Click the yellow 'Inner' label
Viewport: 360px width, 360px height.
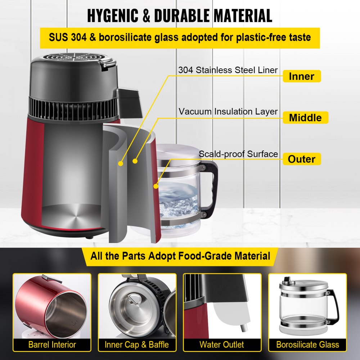tap(301, 76)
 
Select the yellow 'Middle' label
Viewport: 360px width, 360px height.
tap(305, 117)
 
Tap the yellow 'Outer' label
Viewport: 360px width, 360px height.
tap(301, 159)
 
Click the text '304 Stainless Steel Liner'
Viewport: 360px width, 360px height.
tap(228, 70)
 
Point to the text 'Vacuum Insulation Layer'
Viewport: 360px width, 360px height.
tap(228, 112)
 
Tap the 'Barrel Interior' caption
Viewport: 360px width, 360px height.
tap(52, 345)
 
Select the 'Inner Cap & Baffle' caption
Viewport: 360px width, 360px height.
tap(137, 345)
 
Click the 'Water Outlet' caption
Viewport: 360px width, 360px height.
tap(222, 345)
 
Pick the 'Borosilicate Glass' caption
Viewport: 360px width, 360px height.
tap(307, 345)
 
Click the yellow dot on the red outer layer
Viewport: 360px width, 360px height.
tap(156, 186)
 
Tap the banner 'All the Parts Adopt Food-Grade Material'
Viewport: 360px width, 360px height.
tap(180, 256)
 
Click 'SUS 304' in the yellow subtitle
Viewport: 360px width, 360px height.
tap(68, 37)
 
